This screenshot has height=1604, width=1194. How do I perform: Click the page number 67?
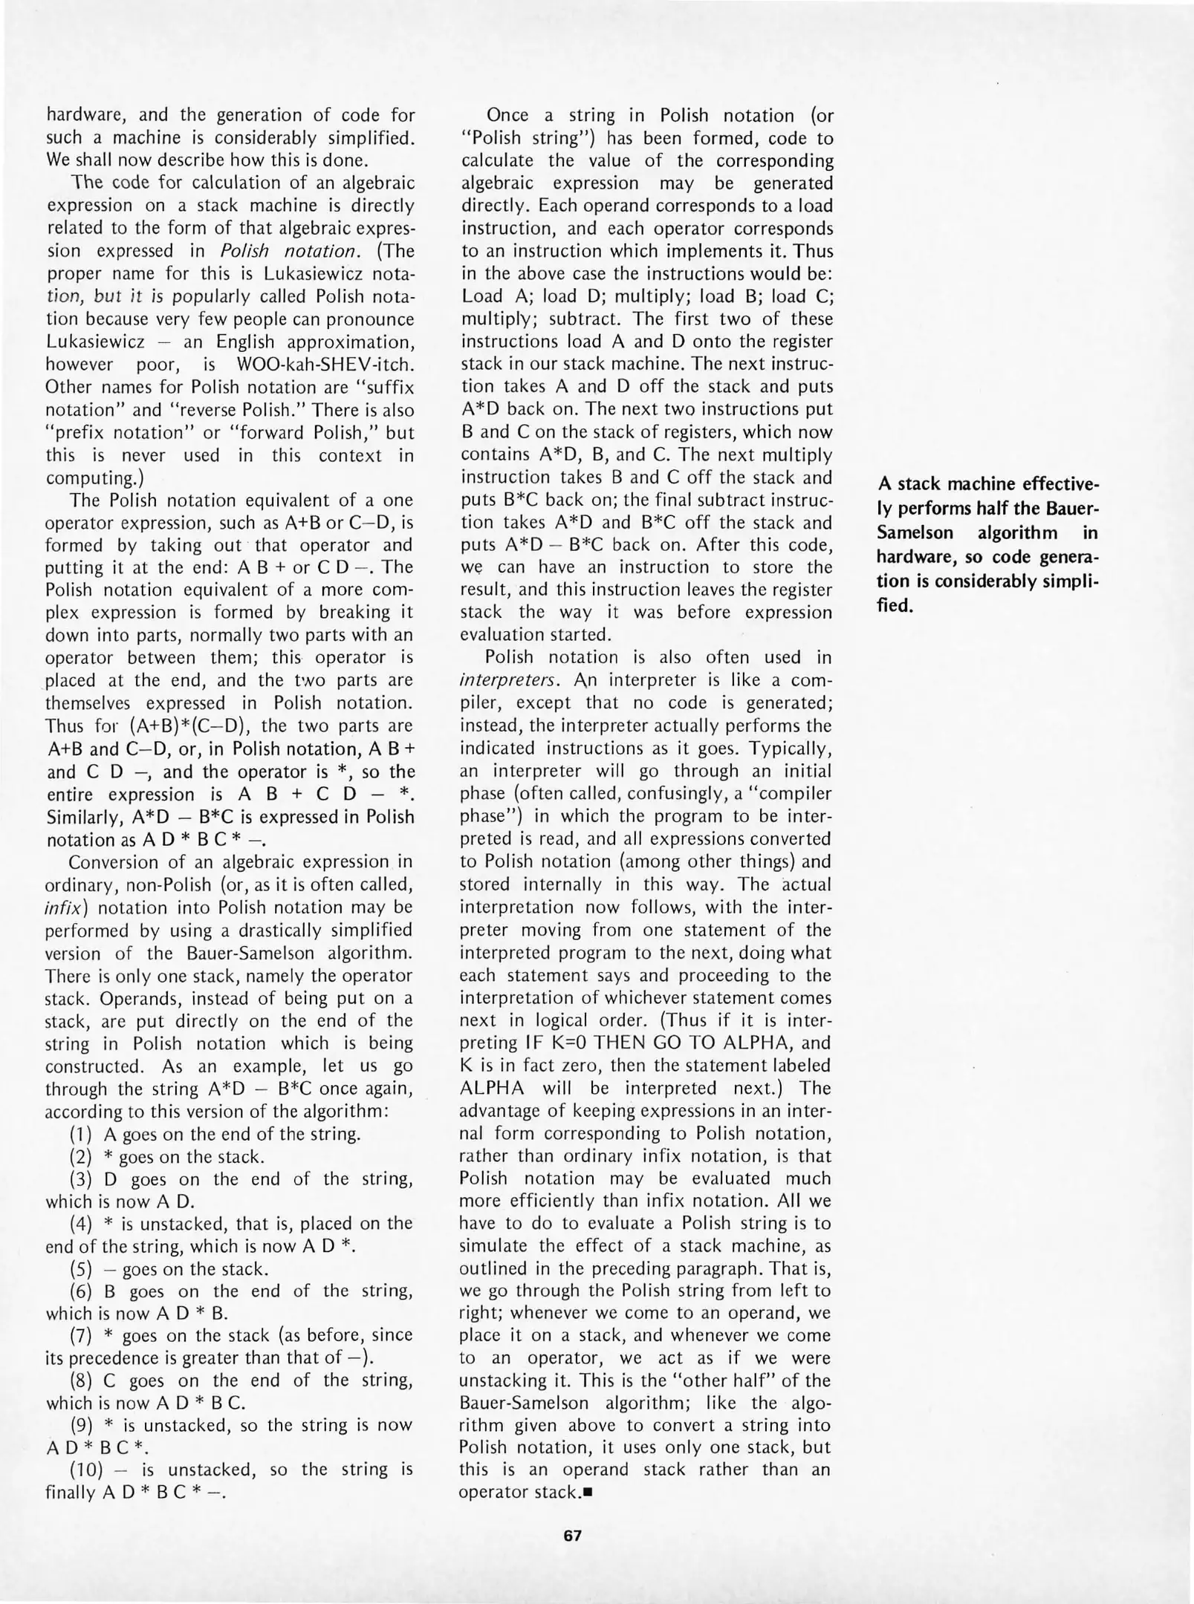[x=572, y=1536]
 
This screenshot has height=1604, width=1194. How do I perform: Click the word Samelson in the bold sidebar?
[x=915, y=534]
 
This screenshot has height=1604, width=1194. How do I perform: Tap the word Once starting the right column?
[x=507, y=115]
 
